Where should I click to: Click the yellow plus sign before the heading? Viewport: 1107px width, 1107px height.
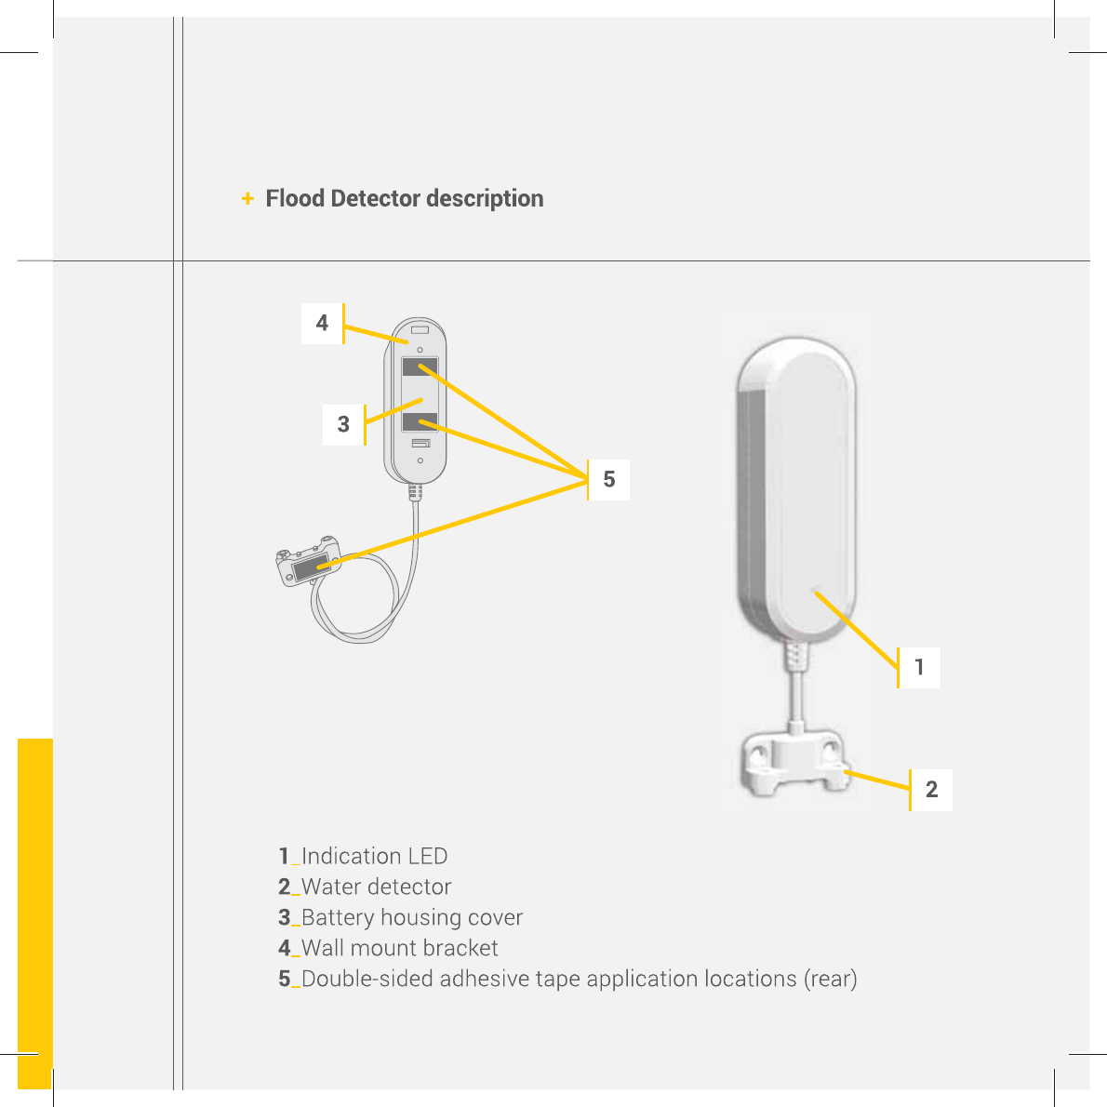[247, 199]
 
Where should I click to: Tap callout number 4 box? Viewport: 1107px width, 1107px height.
[322, 324]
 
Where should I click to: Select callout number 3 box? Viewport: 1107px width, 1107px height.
[343, 424]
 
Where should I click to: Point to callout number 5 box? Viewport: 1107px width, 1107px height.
[609, 479]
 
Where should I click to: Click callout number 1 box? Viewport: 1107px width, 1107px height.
[919, 667]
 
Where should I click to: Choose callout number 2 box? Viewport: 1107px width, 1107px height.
[931, 790]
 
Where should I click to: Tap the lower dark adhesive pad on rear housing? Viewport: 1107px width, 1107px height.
[420, 422]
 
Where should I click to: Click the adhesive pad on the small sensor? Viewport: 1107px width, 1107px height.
[307, 567]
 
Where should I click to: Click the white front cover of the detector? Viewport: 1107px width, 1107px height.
[809, 484]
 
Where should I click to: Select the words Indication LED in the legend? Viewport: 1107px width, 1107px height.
[374, 856]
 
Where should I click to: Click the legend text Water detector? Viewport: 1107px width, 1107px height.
[376, 887]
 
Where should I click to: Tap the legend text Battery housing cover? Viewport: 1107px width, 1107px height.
[411, 917]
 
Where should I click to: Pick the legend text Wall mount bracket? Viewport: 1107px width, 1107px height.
[399, 948]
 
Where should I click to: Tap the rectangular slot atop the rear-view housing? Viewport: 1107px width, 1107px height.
[420, 329]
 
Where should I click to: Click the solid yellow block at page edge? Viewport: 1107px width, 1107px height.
[34, 912]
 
